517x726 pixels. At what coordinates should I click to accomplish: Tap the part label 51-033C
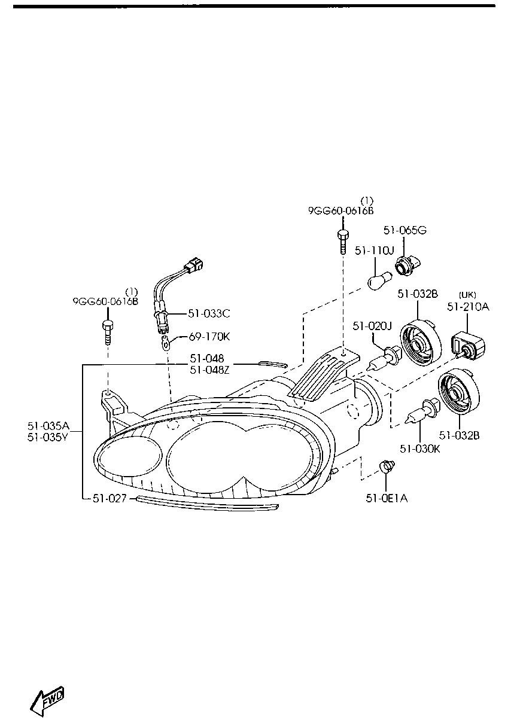[209, 313]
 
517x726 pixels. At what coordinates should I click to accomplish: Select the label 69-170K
[209, 337]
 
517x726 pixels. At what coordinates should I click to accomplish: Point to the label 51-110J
[374, 251]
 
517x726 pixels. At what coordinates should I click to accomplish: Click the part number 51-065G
[405, 230]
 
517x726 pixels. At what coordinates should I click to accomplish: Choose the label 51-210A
[468, 307]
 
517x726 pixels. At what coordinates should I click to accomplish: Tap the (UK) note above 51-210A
[467, 295]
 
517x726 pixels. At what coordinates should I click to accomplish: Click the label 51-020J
[372, 326]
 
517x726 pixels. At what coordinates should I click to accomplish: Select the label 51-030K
[420, 449]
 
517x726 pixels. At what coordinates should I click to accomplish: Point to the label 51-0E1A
[387, 499]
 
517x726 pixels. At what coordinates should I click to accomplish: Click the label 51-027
[110, 499]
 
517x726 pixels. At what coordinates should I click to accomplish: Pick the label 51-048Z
[209, 370]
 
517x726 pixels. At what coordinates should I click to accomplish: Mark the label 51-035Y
[48, 437]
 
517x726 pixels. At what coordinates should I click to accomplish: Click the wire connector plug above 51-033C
[193, 264]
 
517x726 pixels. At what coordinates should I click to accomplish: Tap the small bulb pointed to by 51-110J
[380, 281]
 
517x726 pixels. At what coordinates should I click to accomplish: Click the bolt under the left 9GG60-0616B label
[108, 333]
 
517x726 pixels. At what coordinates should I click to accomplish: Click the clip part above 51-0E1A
[387, 466]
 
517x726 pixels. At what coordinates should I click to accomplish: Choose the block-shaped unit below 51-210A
[468, 346]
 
